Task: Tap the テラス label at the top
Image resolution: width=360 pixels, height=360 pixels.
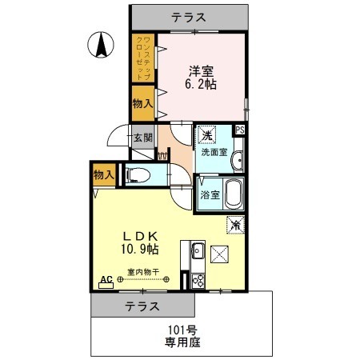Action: tap(190, 16)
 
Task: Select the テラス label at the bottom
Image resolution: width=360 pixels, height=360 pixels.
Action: tap(141, 306)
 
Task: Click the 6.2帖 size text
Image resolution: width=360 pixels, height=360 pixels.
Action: tap(201, 83)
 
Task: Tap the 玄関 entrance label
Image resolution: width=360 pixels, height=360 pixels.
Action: tap(142, 137)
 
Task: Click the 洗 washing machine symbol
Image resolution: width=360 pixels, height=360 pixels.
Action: tap(206, 135)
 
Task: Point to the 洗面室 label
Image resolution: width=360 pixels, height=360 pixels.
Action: tap(214, 152)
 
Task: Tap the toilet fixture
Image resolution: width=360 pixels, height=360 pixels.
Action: tap(138, 175)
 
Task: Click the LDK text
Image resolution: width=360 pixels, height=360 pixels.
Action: tap(143, 236)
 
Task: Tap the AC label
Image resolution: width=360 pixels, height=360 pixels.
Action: tap(105, 280)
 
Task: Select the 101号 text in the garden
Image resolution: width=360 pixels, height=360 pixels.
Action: tap(182, 330)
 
